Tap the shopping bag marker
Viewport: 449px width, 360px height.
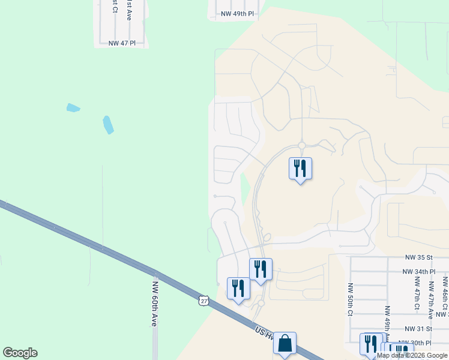(x=285, y=344)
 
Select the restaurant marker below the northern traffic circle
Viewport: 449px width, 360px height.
(x=300, y=169)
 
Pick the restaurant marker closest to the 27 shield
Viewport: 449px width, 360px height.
(x=238, y=289)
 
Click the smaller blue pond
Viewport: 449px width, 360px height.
(x=73, y=109)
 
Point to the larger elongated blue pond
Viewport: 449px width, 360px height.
(x=108, y=125)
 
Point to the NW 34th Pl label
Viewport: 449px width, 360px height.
(x=419, y=272)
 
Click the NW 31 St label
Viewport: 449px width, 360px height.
(x=418, y=329)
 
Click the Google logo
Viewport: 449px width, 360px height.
(x=20, y=353)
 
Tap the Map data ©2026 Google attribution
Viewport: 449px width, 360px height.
(x=412, y=355)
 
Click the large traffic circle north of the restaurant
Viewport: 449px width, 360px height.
(x=301, y=145)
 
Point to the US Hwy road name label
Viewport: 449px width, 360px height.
(x=264, y=334)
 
